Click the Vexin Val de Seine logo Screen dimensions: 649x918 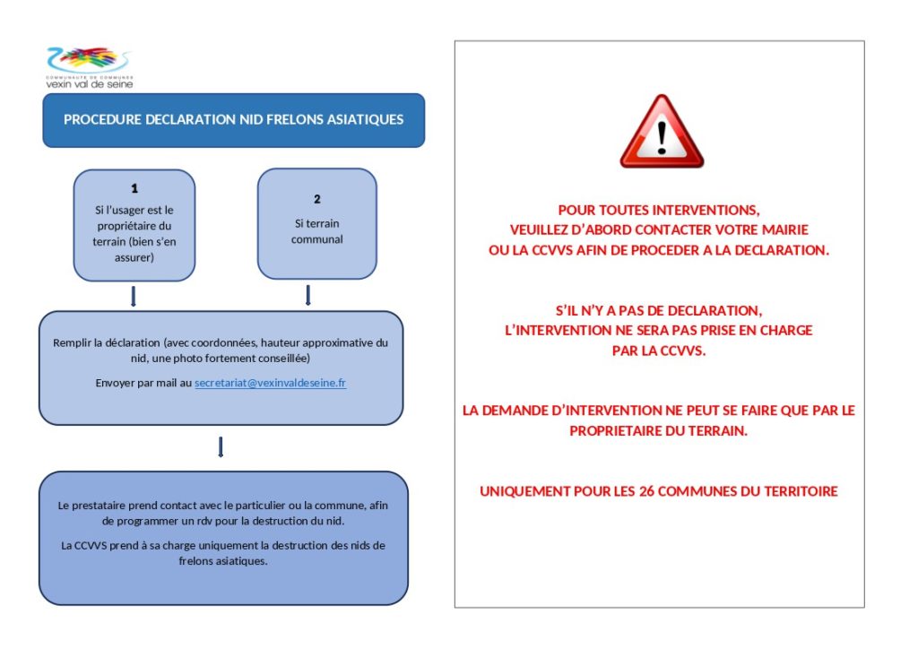90,67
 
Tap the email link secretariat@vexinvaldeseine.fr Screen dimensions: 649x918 270,383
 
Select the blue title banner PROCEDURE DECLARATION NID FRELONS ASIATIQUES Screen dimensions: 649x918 233,119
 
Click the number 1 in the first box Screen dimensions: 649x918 134,189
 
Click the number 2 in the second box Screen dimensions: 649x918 317,199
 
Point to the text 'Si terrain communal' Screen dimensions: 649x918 317,231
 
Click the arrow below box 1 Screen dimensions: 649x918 134,296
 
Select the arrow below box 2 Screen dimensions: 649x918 308,295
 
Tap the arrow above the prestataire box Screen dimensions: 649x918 221,446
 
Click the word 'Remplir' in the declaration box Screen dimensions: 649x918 72,342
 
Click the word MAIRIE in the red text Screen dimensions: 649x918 785,230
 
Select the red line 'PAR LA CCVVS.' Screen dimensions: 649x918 659,350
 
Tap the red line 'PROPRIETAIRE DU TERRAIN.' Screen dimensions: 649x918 659,430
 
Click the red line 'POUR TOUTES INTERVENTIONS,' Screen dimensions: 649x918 659,210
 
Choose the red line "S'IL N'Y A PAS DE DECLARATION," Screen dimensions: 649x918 659,310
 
